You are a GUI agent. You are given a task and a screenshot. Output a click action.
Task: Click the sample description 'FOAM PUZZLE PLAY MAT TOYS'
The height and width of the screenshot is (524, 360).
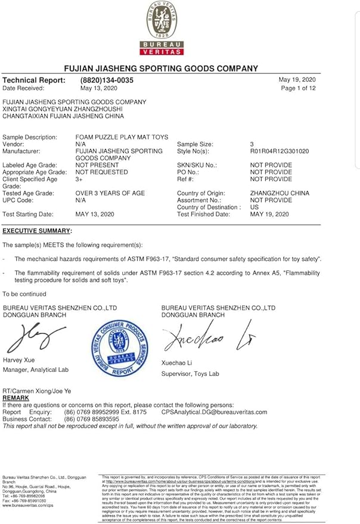point(122,137)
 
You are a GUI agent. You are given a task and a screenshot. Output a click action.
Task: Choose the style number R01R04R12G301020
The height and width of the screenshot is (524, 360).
point(280,151)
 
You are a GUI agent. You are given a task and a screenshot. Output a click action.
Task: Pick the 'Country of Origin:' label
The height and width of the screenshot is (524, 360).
point(201,193)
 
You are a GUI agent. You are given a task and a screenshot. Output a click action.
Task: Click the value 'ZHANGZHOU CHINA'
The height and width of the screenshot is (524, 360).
point(280,193)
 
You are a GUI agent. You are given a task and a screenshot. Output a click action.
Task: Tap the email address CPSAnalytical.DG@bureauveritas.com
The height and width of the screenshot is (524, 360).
point(214,412)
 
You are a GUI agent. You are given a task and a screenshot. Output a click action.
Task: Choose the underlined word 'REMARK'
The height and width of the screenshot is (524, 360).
point(15,397)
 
